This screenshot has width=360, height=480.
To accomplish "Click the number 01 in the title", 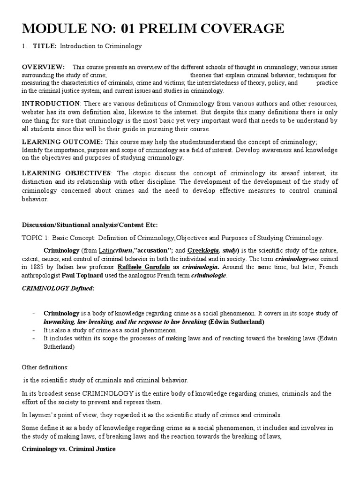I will coord(130,29).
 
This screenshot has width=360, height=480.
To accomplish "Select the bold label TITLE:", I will coord(45,46).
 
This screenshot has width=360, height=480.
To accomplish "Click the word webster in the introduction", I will coord(33,112).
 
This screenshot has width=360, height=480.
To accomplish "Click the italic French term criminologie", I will coord(208,275).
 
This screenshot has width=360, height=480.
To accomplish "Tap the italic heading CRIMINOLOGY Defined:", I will coord(58,288).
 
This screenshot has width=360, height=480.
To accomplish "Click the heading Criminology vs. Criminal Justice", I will coord(68,449).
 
